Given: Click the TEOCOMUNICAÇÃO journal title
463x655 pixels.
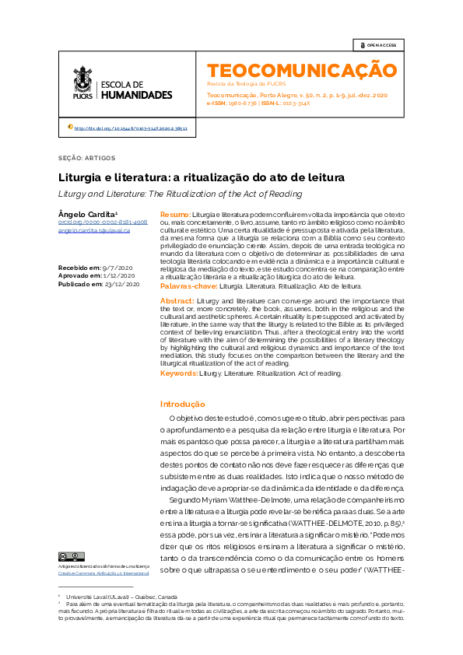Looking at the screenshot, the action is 301,70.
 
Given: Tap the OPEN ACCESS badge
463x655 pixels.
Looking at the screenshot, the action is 377,45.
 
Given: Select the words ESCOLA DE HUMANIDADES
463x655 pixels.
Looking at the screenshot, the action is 136,89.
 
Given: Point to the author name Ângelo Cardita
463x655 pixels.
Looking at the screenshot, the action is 87,214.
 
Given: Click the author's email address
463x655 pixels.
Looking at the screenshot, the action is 93,231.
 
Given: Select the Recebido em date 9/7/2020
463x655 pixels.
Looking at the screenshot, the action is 118,268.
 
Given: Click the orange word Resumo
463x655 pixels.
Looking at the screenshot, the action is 174,214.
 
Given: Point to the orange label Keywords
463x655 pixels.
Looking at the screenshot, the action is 178,373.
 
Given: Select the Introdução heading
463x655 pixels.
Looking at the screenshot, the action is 182,404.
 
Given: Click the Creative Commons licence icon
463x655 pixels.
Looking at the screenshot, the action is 66,557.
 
